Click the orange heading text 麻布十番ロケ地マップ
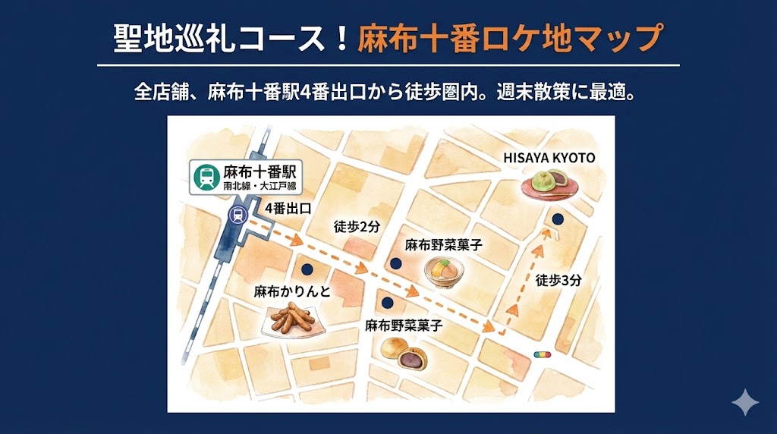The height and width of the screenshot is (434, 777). [510, 38]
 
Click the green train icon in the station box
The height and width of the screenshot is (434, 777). [206, 178]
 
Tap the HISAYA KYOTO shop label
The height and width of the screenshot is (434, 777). [549, 158]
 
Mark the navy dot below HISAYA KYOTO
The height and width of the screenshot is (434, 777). [558, 219]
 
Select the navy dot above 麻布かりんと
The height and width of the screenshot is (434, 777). [307, 269]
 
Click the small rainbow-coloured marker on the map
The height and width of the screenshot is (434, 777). [543, 354]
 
